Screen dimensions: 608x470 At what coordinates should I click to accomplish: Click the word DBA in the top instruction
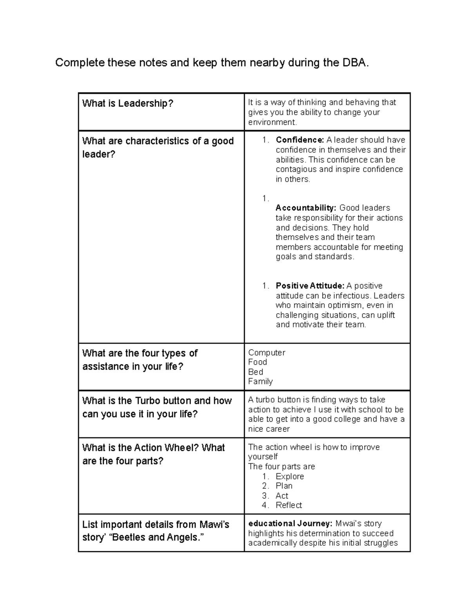[x=354, y=63]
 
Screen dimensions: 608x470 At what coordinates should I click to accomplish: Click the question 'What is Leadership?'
[x=128, y=103]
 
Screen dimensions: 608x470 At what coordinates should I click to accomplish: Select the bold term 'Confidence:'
[x=300, y=140]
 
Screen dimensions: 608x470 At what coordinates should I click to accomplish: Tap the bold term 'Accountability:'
[x=306, y=208]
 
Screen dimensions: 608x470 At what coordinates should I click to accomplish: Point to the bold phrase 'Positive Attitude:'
[x=310, y=286]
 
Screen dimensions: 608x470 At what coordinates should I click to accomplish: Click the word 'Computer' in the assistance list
[x=266, y=353]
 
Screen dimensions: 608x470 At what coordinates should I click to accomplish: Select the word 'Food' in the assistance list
[x=257, y=362]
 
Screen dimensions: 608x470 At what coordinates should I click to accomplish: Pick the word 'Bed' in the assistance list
[x=255, y=372]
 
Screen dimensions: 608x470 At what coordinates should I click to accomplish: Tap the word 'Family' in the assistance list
[x=260, y=382]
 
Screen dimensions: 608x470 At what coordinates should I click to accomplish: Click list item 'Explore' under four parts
[x=289, y=476]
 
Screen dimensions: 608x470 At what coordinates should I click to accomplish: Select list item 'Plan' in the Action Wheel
[x=284, y=486]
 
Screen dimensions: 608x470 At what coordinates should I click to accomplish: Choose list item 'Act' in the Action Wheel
[x=282, y=496]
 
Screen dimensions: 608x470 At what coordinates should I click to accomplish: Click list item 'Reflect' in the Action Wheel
[x=289, y=505]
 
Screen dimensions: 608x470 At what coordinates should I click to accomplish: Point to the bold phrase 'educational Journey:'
[x=290, y=524]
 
